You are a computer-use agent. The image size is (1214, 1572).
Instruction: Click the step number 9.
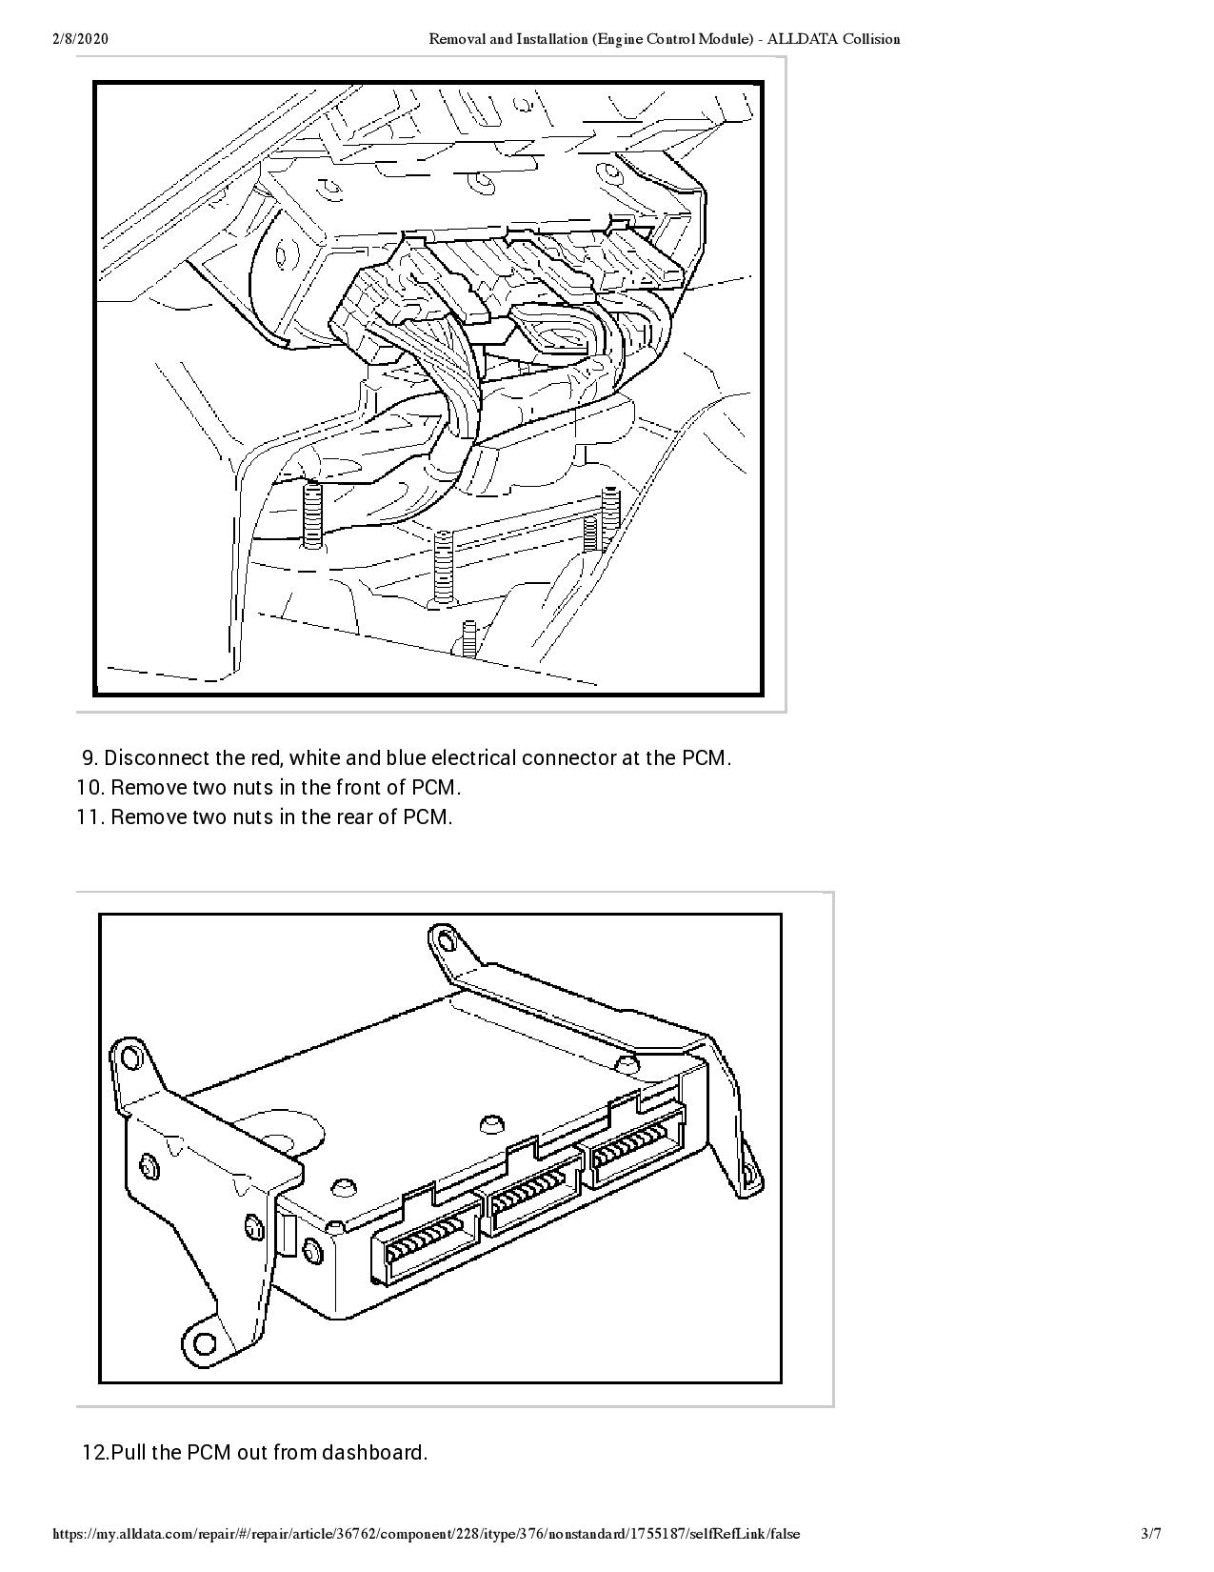[x=90, y=758]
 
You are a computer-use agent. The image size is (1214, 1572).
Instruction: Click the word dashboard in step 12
[x=374, y=1452]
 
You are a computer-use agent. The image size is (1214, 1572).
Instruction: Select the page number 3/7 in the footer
[x=1151, y=1534]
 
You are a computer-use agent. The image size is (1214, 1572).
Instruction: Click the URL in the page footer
[x=427, y=1534]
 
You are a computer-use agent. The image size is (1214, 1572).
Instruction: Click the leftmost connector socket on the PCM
[x=425, y=1243]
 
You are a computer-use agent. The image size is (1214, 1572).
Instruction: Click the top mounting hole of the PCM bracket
[x=443, y=941]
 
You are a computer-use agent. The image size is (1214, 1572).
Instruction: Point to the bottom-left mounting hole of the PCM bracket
[x=204, y=1344]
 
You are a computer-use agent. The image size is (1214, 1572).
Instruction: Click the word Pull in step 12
[x=128, y=1452]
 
